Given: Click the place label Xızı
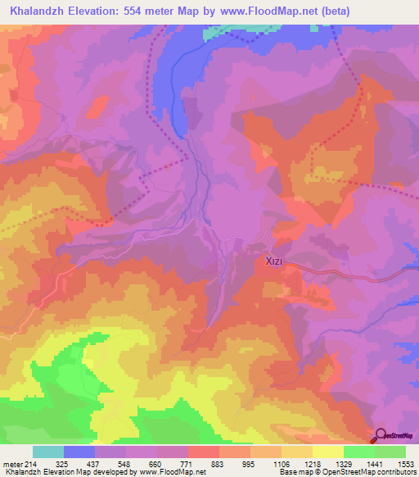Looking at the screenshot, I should tap(274, 262).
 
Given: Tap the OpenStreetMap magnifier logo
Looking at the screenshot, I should tap(382, 435).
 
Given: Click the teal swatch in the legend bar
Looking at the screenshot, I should tap(48, 452).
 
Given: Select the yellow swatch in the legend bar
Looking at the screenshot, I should tap(327, 452).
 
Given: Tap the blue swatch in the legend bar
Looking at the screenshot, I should tap(79, 452).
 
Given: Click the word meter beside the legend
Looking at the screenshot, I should tap(12, 463).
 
